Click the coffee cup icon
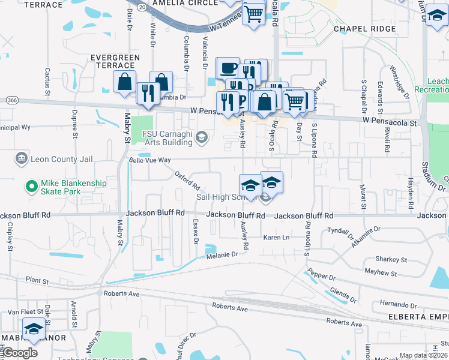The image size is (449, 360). [228, 68]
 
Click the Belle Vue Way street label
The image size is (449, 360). [151, 161]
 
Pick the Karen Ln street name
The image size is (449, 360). [277, 238]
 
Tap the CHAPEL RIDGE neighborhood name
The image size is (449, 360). [358, 28]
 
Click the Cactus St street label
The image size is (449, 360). [47, 82]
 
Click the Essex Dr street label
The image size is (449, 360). [195, 231]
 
